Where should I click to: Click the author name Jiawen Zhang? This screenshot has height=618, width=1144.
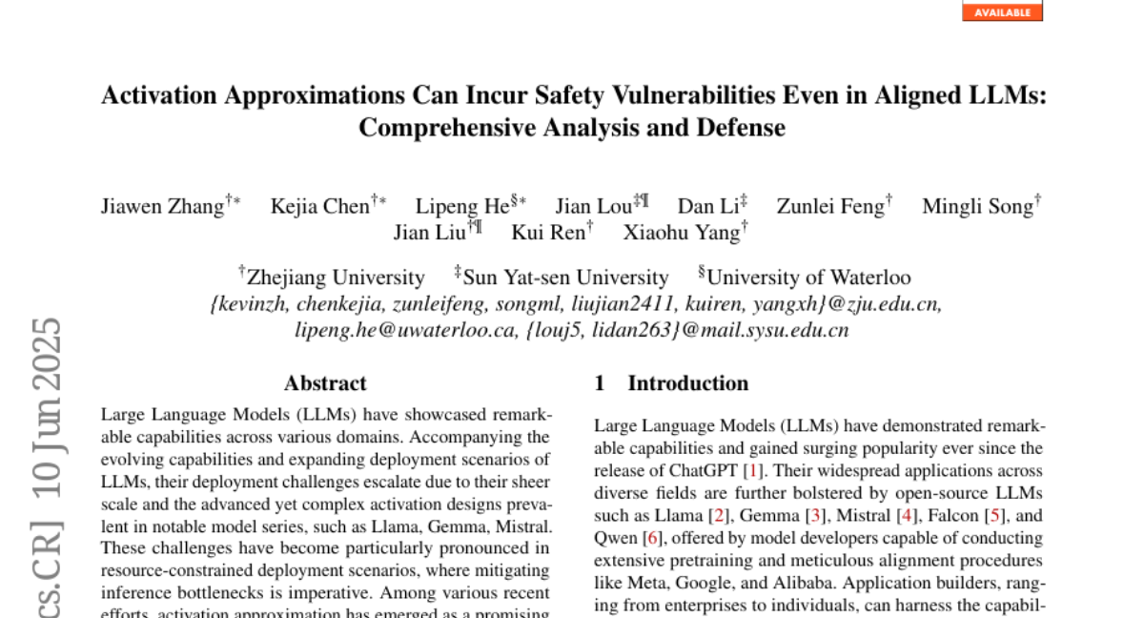point(162,207)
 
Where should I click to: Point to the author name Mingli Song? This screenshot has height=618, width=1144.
point(977,207)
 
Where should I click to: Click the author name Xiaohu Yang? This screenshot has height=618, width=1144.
point(682,232)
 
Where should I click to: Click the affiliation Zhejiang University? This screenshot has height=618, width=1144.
point(336,278)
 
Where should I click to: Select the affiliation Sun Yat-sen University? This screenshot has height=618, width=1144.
point(565,278)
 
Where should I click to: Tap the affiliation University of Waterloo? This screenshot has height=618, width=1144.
point(808,278)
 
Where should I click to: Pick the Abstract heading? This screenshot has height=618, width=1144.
point(325,383)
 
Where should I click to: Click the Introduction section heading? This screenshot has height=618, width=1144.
point(687,383)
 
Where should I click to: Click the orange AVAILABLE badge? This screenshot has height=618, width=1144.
point(1002,11)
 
